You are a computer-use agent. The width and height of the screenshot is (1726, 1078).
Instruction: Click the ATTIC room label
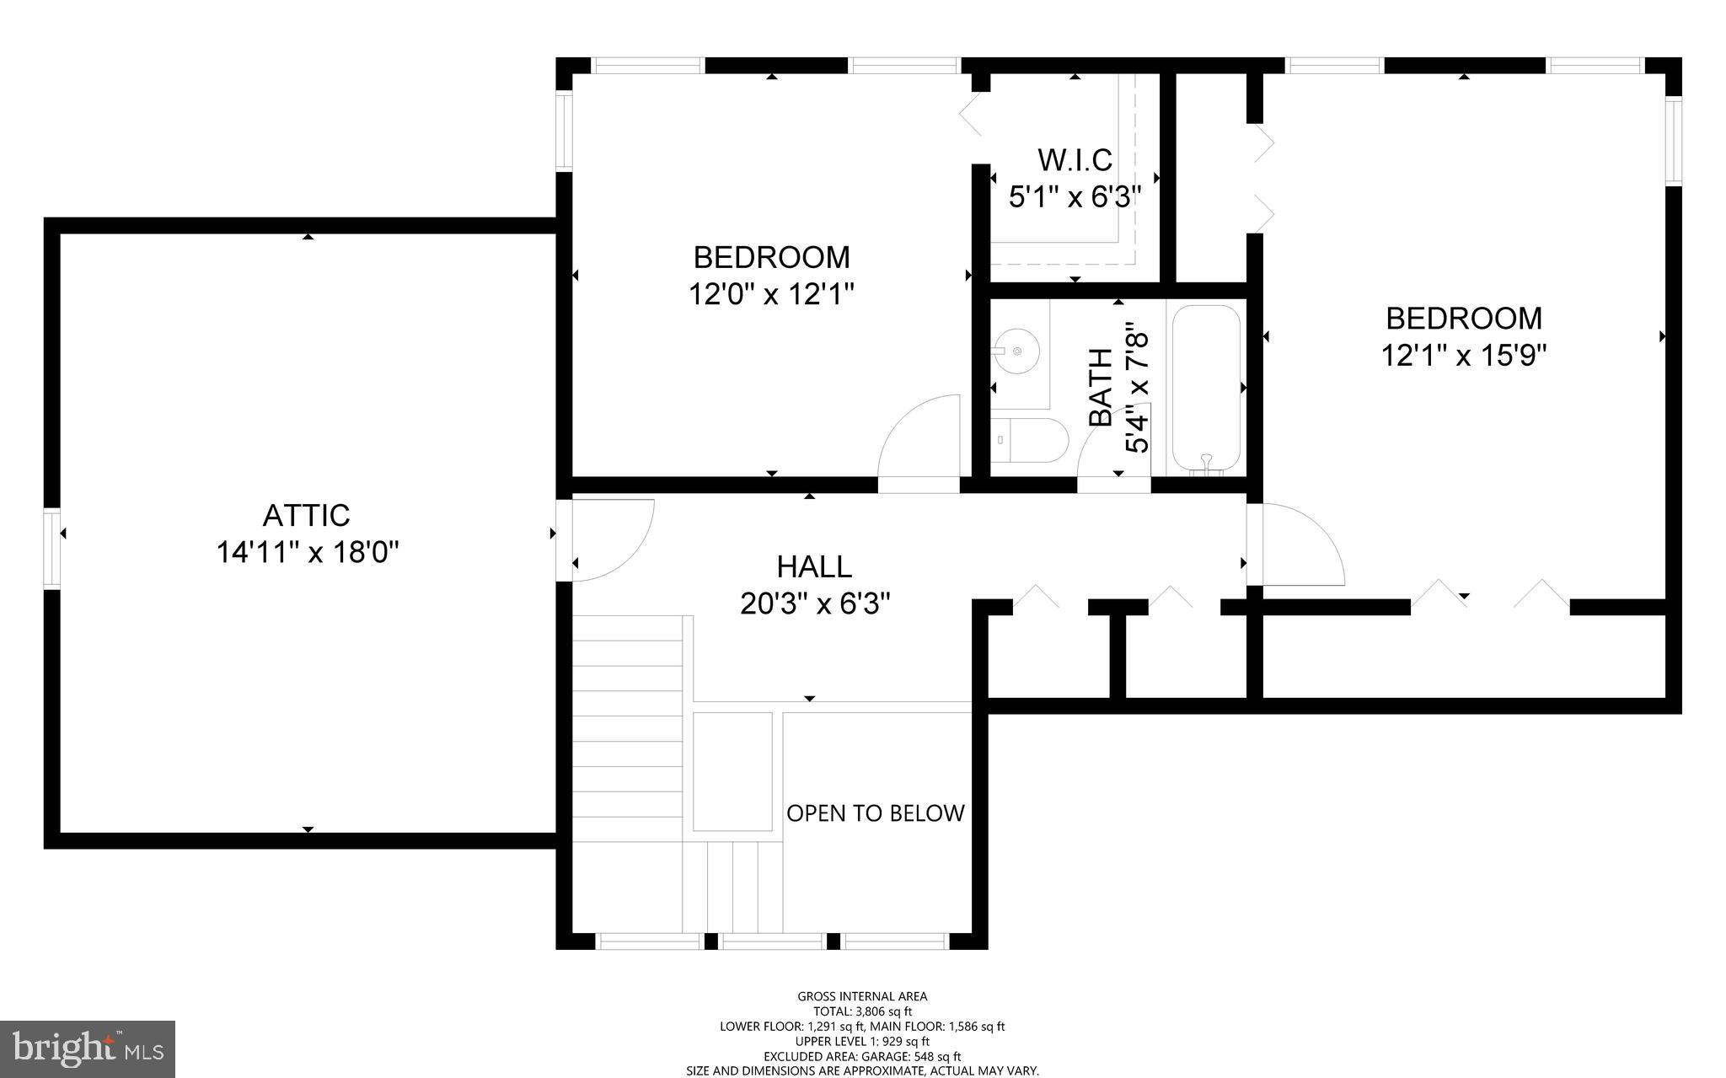point(306,515)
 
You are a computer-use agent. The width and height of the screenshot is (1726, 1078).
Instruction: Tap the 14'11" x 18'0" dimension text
point(307,553)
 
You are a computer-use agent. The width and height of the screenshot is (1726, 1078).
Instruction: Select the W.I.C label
point(1075,159)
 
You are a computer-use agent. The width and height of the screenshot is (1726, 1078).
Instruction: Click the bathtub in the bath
point(1206,387)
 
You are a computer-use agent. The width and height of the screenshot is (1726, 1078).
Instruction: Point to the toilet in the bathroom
point(1030,440)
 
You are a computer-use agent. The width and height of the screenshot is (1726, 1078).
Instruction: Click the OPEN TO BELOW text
point(875,813)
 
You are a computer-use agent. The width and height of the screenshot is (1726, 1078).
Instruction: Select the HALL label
point(814,566)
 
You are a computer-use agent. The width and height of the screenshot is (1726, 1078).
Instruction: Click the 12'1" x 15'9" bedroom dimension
point(1464,356)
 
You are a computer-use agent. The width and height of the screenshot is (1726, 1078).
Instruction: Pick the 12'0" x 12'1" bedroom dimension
point(771,294)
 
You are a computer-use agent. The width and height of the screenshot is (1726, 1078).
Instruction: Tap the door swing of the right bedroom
point(1298,544)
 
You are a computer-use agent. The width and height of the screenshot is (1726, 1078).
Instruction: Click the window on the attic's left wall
point(52,548)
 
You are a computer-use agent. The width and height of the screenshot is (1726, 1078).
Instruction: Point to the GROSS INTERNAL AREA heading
point(862,996)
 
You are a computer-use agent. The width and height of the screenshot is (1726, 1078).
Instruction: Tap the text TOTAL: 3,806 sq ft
point(862,1011)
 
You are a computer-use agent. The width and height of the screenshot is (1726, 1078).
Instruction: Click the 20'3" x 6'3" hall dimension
point(815,604)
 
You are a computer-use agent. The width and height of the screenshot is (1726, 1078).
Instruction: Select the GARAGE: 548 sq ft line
point(862,1056)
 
